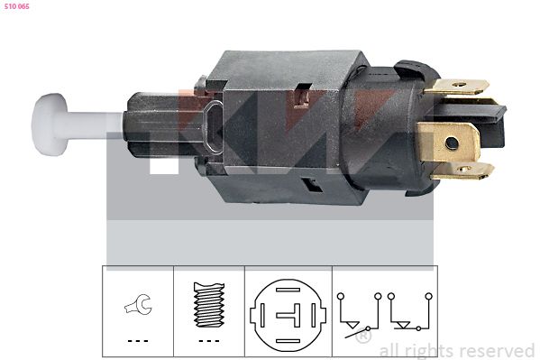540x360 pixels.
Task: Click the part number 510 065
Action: point(17,6)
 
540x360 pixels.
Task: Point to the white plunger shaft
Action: point(95,125)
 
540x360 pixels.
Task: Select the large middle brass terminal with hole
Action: point(448,142)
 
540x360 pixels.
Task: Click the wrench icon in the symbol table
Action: point(138,304)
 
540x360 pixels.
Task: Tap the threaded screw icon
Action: point(209,305)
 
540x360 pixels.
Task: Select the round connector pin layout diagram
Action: point(288,315)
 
